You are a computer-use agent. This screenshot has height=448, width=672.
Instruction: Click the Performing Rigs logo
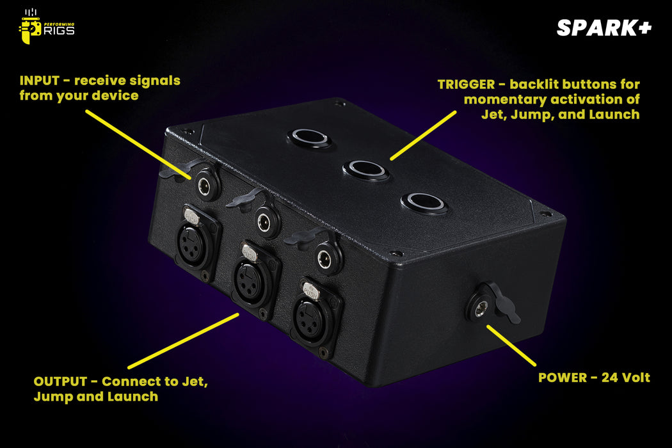click(x=46, y=26)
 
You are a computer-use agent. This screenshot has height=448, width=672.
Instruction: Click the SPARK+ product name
click(x=604, y=28)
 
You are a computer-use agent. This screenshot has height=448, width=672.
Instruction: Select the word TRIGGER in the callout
click(x=466, y=84)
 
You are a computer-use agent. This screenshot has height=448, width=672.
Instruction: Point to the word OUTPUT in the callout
click(x=60, y=381)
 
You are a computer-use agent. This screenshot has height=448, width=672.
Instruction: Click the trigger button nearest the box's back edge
click(x=310, y=137)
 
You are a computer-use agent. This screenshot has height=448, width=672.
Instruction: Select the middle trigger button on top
click(x=366, y=170)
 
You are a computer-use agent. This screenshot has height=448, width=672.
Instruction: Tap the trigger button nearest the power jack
click(x=424, y=203)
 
